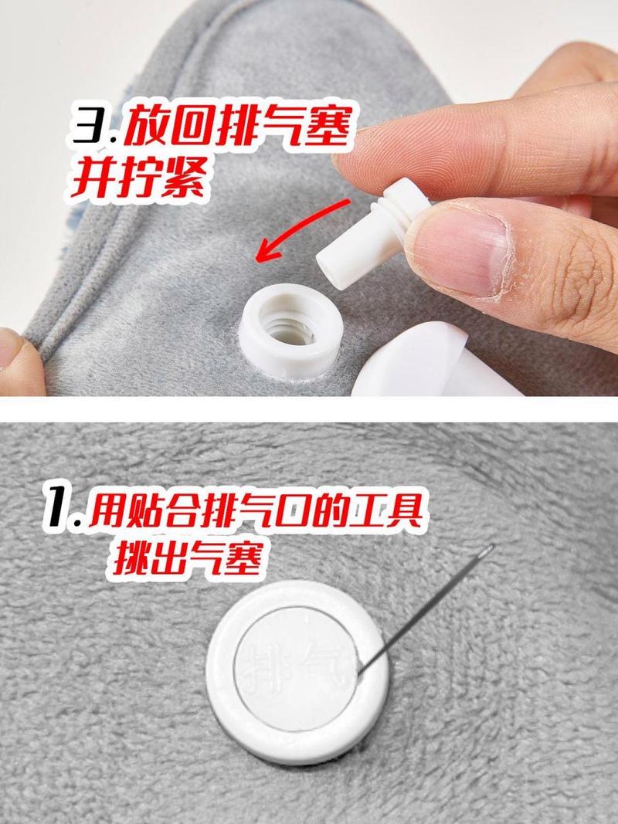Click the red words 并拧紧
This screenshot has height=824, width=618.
click(x=138, y=177)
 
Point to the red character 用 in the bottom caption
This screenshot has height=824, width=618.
click(x=107, y=508)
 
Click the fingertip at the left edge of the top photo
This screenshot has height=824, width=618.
click(x=19, y=359)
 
